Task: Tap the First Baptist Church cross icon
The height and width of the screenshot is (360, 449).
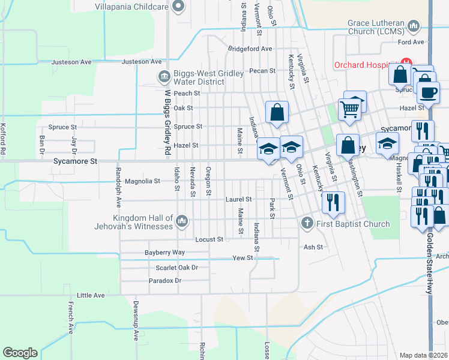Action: coord(307,224)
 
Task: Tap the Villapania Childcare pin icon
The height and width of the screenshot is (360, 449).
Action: coord(178,7)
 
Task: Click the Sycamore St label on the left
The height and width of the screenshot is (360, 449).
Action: coord(75,161)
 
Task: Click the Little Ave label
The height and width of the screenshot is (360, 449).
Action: coord(91,295)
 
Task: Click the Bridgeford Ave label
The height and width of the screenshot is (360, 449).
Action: coord(250,49)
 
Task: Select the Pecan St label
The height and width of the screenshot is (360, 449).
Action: coord(262,70)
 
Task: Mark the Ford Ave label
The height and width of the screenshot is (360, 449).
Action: coord(411,42)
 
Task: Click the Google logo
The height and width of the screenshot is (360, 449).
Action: coord(20,353)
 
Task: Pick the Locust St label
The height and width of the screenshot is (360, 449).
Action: coord(209,239)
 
